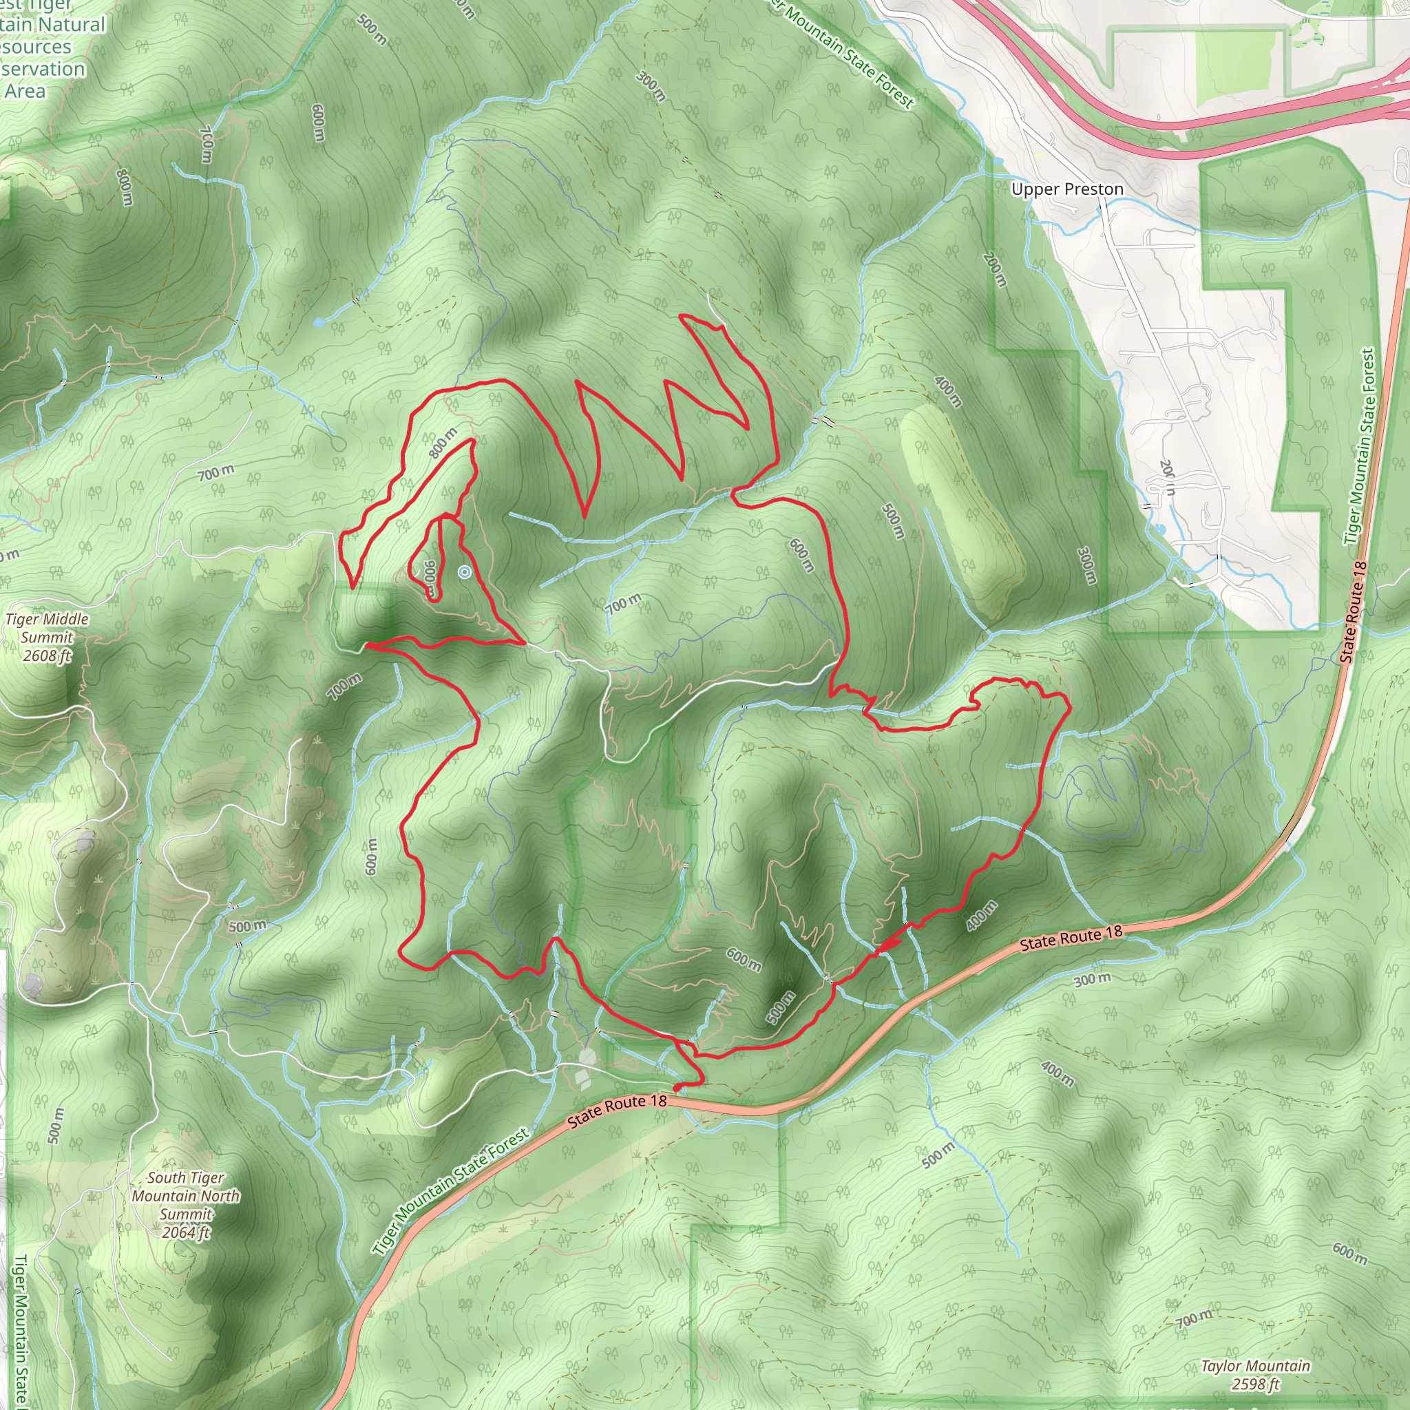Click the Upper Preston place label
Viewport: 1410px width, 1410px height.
click(1067, 190)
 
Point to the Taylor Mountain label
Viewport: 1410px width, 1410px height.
click(1255, 1365)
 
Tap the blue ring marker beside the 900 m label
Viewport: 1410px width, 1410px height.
click(464, 572)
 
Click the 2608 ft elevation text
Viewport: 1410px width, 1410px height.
click(47, 655)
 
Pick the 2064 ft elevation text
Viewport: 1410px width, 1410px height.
click(185, 1232)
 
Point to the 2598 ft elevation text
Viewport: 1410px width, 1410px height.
click(1255, 1384)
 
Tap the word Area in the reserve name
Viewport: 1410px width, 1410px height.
click(25, 92)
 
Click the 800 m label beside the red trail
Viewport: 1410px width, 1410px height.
click(443, 443)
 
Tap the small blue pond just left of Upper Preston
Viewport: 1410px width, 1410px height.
click(998, 161)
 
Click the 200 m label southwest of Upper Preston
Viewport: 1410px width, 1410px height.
click(995, 269)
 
